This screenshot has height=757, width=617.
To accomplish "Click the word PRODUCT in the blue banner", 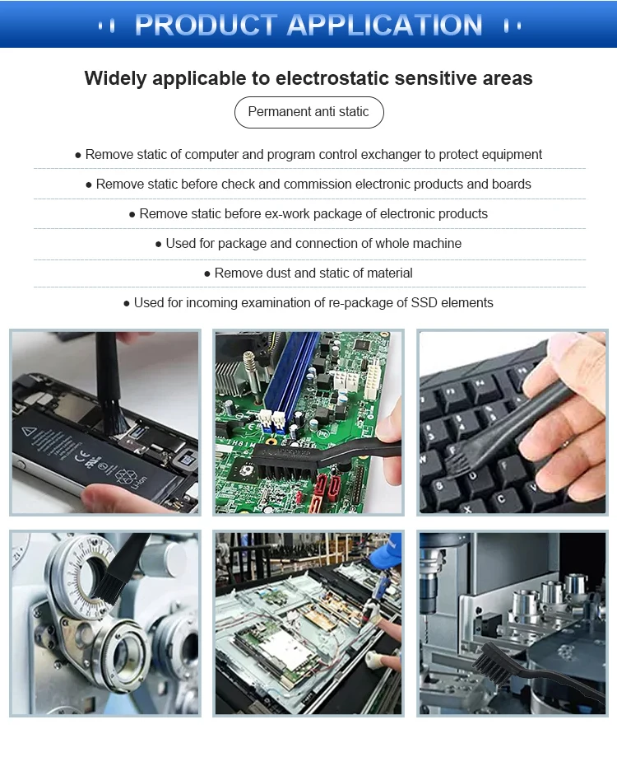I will tap(206, 25).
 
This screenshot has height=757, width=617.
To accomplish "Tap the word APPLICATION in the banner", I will tap(385, 25).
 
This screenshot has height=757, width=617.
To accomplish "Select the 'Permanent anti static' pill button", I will tap(308, 112).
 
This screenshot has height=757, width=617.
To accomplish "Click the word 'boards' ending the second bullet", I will tap(512, 185).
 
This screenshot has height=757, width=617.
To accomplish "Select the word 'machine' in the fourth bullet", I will tap(438, 244).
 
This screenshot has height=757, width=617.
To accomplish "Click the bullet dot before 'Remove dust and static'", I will tap(207, 273).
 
